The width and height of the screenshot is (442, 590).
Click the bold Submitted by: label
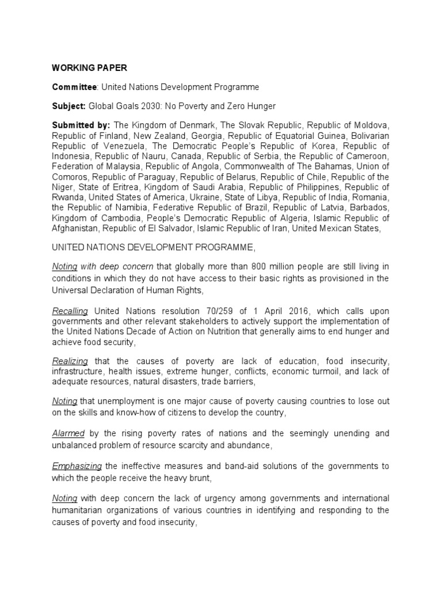[81, 125]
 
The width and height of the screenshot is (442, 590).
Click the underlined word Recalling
[70, 311]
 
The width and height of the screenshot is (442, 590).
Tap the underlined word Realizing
[70, 361]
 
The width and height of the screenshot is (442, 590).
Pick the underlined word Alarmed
[68, 433]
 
